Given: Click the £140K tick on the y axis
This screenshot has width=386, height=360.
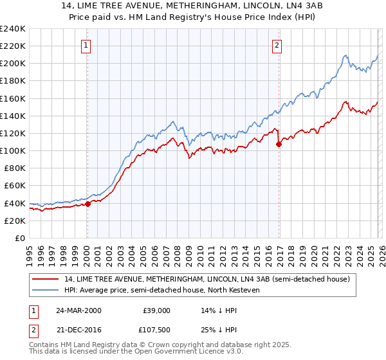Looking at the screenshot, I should [x=13, y=116].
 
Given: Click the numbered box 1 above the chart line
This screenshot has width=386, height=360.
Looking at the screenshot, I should [x=86, y=45].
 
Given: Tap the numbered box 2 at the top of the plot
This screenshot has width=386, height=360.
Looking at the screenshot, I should [x=277, y=45].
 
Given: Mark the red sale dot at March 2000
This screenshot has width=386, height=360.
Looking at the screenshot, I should [x=88, y=204].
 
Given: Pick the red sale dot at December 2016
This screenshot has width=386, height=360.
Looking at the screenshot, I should [x=279, y=144].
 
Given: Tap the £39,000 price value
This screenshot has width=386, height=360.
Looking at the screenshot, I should [x=157, y=310].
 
